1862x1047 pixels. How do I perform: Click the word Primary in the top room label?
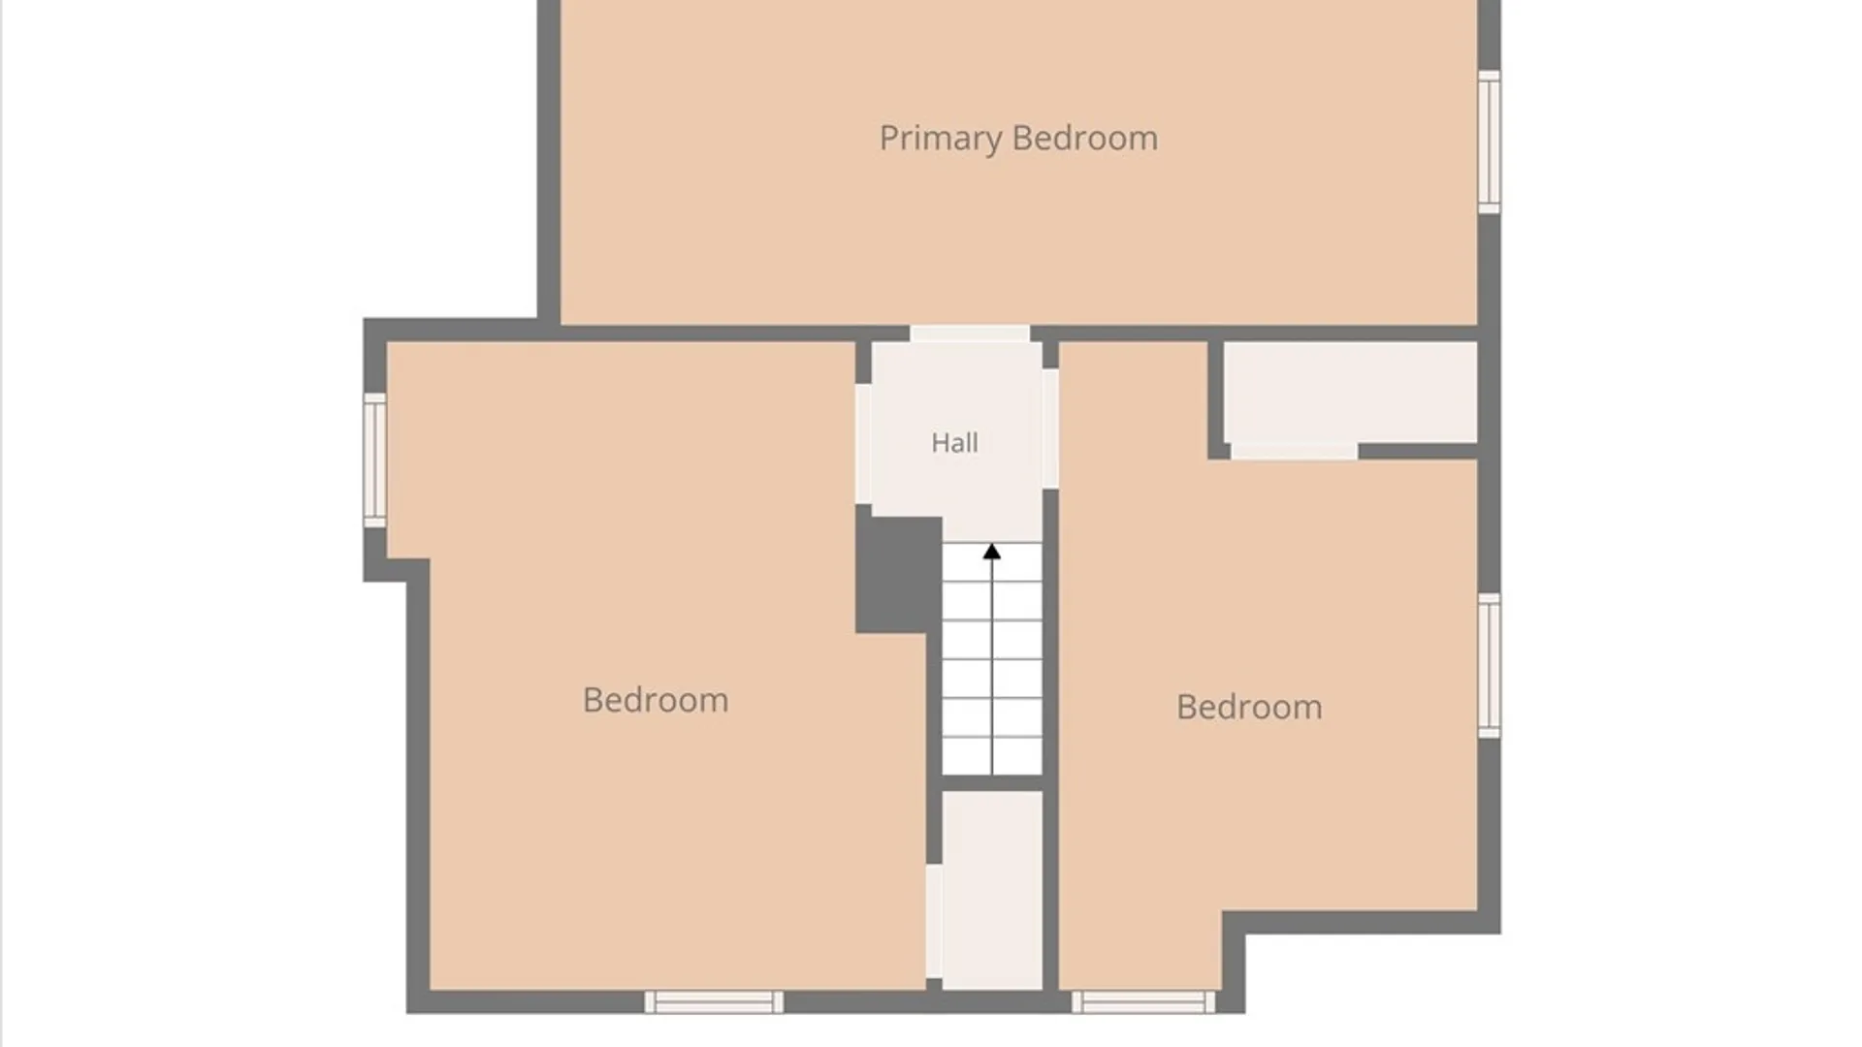click(941, 139)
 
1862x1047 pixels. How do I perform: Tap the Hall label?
click(954, 443)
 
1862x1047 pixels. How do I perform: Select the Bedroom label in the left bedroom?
click(656, 700)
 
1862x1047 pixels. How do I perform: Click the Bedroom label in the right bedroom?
click(1249, 707)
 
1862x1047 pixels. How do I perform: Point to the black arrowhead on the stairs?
click(991, 552)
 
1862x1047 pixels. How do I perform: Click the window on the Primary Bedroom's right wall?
click(1490, 142)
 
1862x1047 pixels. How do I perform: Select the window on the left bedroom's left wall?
click(374, 460)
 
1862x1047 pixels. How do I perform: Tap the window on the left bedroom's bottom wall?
click(714, 1002)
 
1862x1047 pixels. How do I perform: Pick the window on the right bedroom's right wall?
click(1490, 666)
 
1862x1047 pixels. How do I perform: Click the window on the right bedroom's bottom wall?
click(1143, 1002)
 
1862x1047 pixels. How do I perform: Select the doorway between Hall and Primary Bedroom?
click(970, 333)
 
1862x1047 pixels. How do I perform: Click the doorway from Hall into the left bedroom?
click(863, 444)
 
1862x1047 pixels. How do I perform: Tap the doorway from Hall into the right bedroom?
click(1050, 428)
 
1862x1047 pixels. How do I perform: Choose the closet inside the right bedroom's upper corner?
click(1350, 392)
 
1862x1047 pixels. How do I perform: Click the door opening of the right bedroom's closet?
click(1294, 451)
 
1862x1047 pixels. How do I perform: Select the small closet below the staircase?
click(992, 890)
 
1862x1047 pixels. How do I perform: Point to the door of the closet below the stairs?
click(934, 921)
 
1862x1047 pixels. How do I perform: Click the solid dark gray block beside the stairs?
click(899, 575)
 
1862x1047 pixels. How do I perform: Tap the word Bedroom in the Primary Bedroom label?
click(1085, 139)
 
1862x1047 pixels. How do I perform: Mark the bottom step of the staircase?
click(992, 756)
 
